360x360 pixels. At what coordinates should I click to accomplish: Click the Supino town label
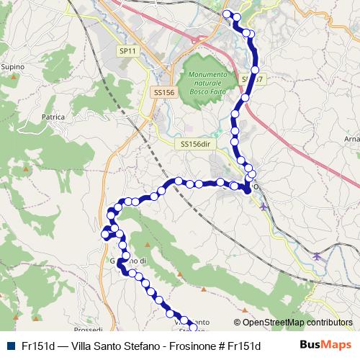13,67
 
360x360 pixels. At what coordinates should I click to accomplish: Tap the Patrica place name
53,116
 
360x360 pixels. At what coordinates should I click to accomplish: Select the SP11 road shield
127,51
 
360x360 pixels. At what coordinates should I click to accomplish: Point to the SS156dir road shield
195,144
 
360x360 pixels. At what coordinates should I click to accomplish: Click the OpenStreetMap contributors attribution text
297,323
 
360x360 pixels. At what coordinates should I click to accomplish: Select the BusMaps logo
325,344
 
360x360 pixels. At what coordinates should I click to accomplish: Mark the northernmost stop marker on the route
228,14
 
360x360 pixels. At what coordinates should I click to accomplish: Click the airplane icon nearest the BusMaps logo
317,256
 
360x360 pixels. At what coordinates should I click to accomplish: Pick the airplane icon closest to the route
264,207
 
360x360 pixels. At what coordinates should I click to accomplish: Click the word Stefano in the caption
147,345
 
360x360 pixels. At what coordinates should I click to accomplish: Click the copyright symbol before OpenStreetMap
238,323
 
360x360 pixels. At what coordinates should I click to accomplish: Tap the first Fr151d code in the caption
37,345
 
